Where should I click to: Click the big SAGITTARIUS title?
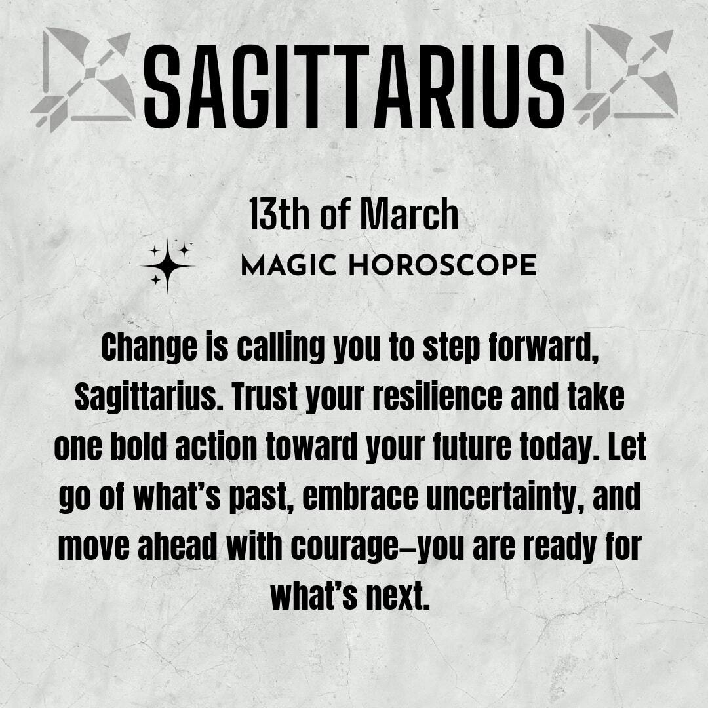353,87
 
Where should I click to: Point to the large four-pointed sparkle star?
168,266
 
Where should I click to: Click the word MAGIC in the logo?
288,265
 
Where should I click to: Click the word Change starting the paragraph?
149,347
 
